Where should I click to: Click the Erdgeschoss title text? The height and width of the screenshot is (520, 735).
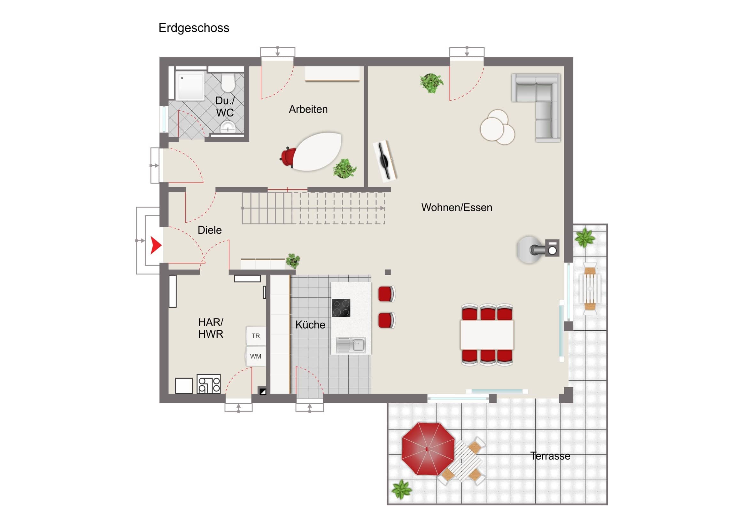194,28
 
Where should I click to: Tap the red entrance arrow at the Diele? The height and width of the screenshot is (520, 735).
156,245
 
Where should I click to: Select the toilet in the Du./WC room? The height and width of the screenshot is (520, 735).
228,83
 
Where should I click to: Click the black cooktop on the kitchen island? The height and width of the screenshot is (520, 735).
341,308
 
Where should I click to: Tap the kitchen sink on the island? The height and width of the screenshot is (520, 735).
351,345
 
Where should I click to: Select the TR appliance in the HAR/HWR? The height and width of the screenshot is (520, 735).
256,336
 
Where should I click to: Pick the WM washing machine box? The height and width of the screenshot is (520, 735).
256,356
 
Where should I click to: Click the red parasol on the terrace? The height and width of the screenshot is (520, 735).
428,449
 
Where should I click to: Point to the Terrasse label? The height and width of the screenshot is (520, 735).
550,456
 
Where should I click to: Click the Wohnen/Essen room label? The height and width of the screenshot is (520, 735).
457,208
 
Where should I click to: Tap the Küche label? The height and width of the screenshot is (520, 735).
310,325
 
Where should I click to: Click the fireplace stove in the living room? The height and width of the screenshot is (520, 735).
538,249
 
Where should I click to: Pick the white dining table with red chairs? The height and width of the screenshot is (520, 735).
487,335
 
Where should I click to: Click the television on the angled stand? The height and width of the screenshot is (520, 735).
385,160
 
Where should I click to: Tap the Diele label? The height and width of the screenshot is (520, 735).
210,230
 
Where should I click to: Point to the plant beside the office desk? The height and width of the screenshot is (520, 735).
345,168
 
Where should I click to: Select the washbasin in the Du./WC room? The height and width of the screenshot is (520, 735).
228,127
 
